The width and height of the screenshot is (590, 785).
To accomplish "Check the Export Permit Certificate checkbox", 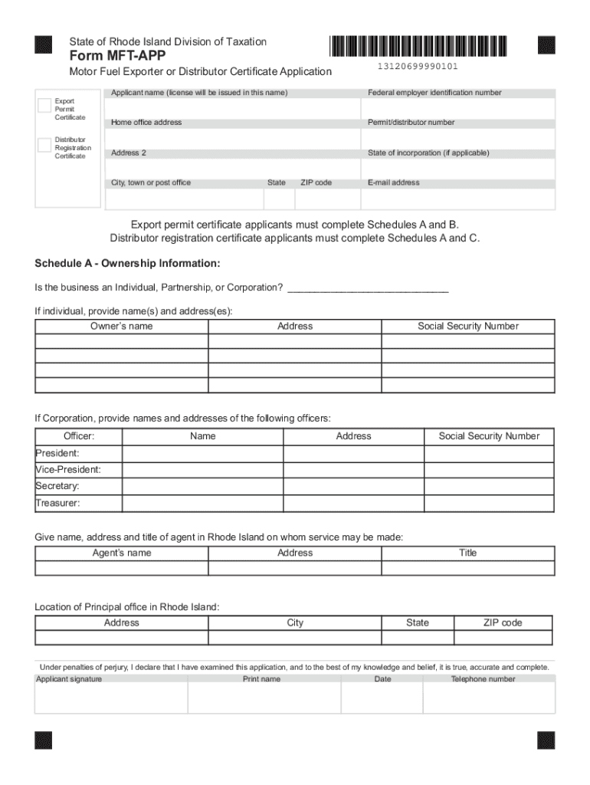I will click(x=44, y=105).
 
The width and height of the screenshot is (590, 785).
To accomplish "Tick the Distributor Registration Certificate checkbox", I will click(x=44, y=144).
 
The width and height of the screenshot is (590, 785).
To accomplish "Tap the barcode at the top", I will click(x=418, y=48).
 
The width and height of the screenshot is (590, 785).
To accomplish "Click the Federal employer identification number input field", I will click(x=458, y=107).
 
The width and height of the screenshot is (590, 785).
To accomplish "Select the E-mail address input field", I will click(x=458, y=199).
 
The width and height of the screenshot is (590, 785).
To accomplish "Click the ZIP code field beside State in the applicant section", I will click(x=327, y=199).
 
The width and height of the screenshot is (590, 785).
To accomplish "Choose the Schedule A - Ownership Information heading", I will click(x=127, y=264).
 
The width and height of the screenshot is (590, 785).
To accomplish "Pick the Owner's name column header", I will click(x=121, y=326).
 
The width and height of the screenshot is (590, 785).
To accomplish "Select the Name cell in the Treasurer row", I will click(x=202, y=504).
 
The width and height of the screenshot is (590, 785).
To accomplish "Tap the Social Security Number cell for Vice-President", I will click(x=489, y=470).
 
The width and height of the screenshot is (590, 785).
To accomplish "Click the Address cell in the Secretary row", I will click(x=353, y=487).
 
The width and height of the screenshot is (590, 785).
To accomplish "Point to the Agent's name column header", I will click(x=121, y=553).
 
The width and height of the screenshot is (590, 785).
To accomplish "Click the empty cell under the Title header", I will click(x=467, y=568).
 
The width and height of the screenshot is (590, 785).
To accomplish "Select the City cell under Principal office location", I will click(x=295, y=638).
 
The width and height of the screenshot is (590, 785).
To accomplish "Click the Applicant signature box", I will click(x=111, y=698).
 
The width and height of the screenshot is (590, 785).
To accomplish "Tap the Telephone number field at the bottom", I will click(x=489, y=698).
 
